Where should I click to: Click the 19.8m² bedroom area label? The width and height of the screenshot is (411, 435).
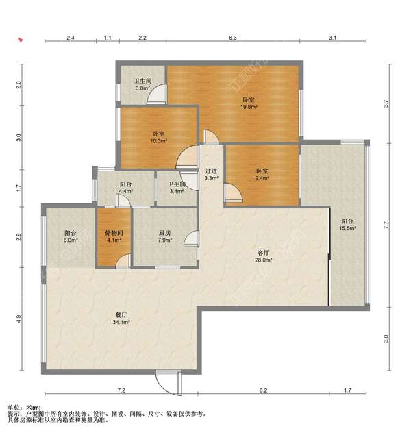(x=249, y=107)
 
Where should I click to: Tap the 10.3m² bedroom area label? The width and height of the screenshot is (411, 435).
(x=158, y=141)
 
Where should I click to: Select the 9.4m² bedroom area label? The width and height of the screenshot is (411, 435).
(x=262, y=178)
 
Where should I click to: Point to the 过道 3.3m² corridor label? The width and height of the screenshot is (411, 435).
(x=211, y=175)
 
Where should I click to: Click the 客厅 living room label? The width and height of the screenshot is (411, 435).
(x=263, y=253)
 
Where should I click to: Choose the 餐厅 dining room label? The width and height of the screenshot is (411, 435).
(x=121, y=315)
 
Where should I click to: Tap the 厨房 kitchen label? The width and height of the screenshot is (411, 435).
(x=164, y=233)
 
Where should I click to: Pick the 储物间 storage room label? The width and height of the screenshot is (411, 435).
(x=114, y=233)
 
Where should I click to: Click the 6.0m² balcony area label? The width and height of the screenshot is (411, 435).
(x=71, y=240)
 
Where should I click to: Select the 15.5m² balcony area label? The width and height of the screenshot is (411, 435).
(x=347, y=228)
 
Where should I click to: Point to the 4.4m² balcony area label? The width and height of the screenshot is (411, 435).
(x=125, y=191)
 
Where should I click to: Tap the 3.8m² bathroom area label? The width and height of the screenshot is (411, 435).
(x=142, y=88)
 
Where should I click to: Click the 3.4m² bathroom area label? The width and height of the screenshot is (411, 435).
(x=177, y=191)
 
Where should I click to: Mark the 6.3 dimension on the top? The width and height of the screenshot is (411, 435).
(x=233, y=38)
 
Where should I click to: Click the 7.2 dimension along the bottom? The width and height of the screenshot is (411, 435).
(x=121, y=390)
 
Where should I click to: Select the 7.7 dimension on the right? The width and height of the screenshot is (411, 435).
(x=386, y=225)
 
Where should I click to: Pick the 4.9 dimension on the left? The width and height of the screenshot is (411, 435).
(x=18, y=319)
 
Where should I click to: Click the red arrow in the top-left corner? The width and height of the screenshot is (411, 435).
(x=21, y=40)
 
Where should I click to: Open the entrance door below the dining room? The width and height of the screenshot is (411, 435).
(x=169, y=382)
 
